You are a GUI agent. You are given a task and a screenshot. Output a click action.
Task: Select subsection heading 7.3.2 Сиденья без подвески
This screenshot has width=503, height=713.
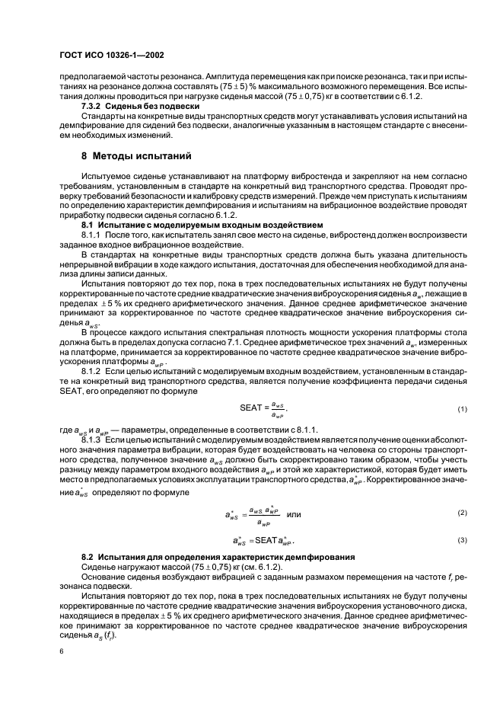tap(140, 106)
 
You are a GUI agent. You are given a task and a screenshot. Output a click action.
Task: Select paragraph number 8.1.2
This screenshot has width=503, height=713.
tap(94, 369)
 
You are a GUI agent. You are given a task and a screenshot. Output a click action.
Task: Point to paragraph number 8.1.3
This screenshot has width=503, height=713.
tap(94, 440)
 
